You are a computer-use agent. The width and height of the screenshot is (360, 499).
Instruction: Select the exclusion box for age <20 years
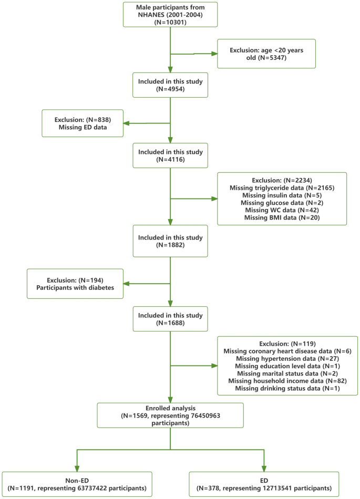pyautogui.click(x=266, y=53)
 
